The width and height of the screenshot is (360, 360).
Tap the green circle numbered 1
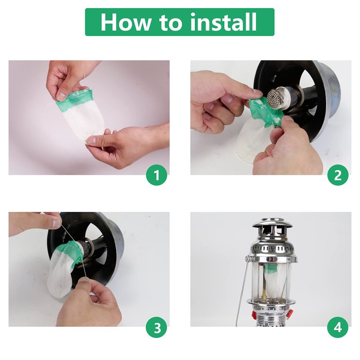157,175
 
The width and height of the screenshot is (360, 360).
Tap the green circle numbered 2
338,175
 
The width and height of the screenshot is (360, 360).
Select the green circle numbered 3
157,327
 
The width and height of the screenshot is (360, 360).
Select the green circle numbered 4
338,327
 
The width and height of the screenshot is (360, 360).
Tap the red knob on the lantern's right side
289,313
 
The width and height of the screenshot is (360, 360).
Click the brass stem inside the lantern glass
265,293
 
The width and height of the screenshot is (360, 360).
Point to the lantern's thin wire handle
241,292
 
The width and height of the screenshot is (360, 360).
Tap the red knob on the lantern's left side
254,314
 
